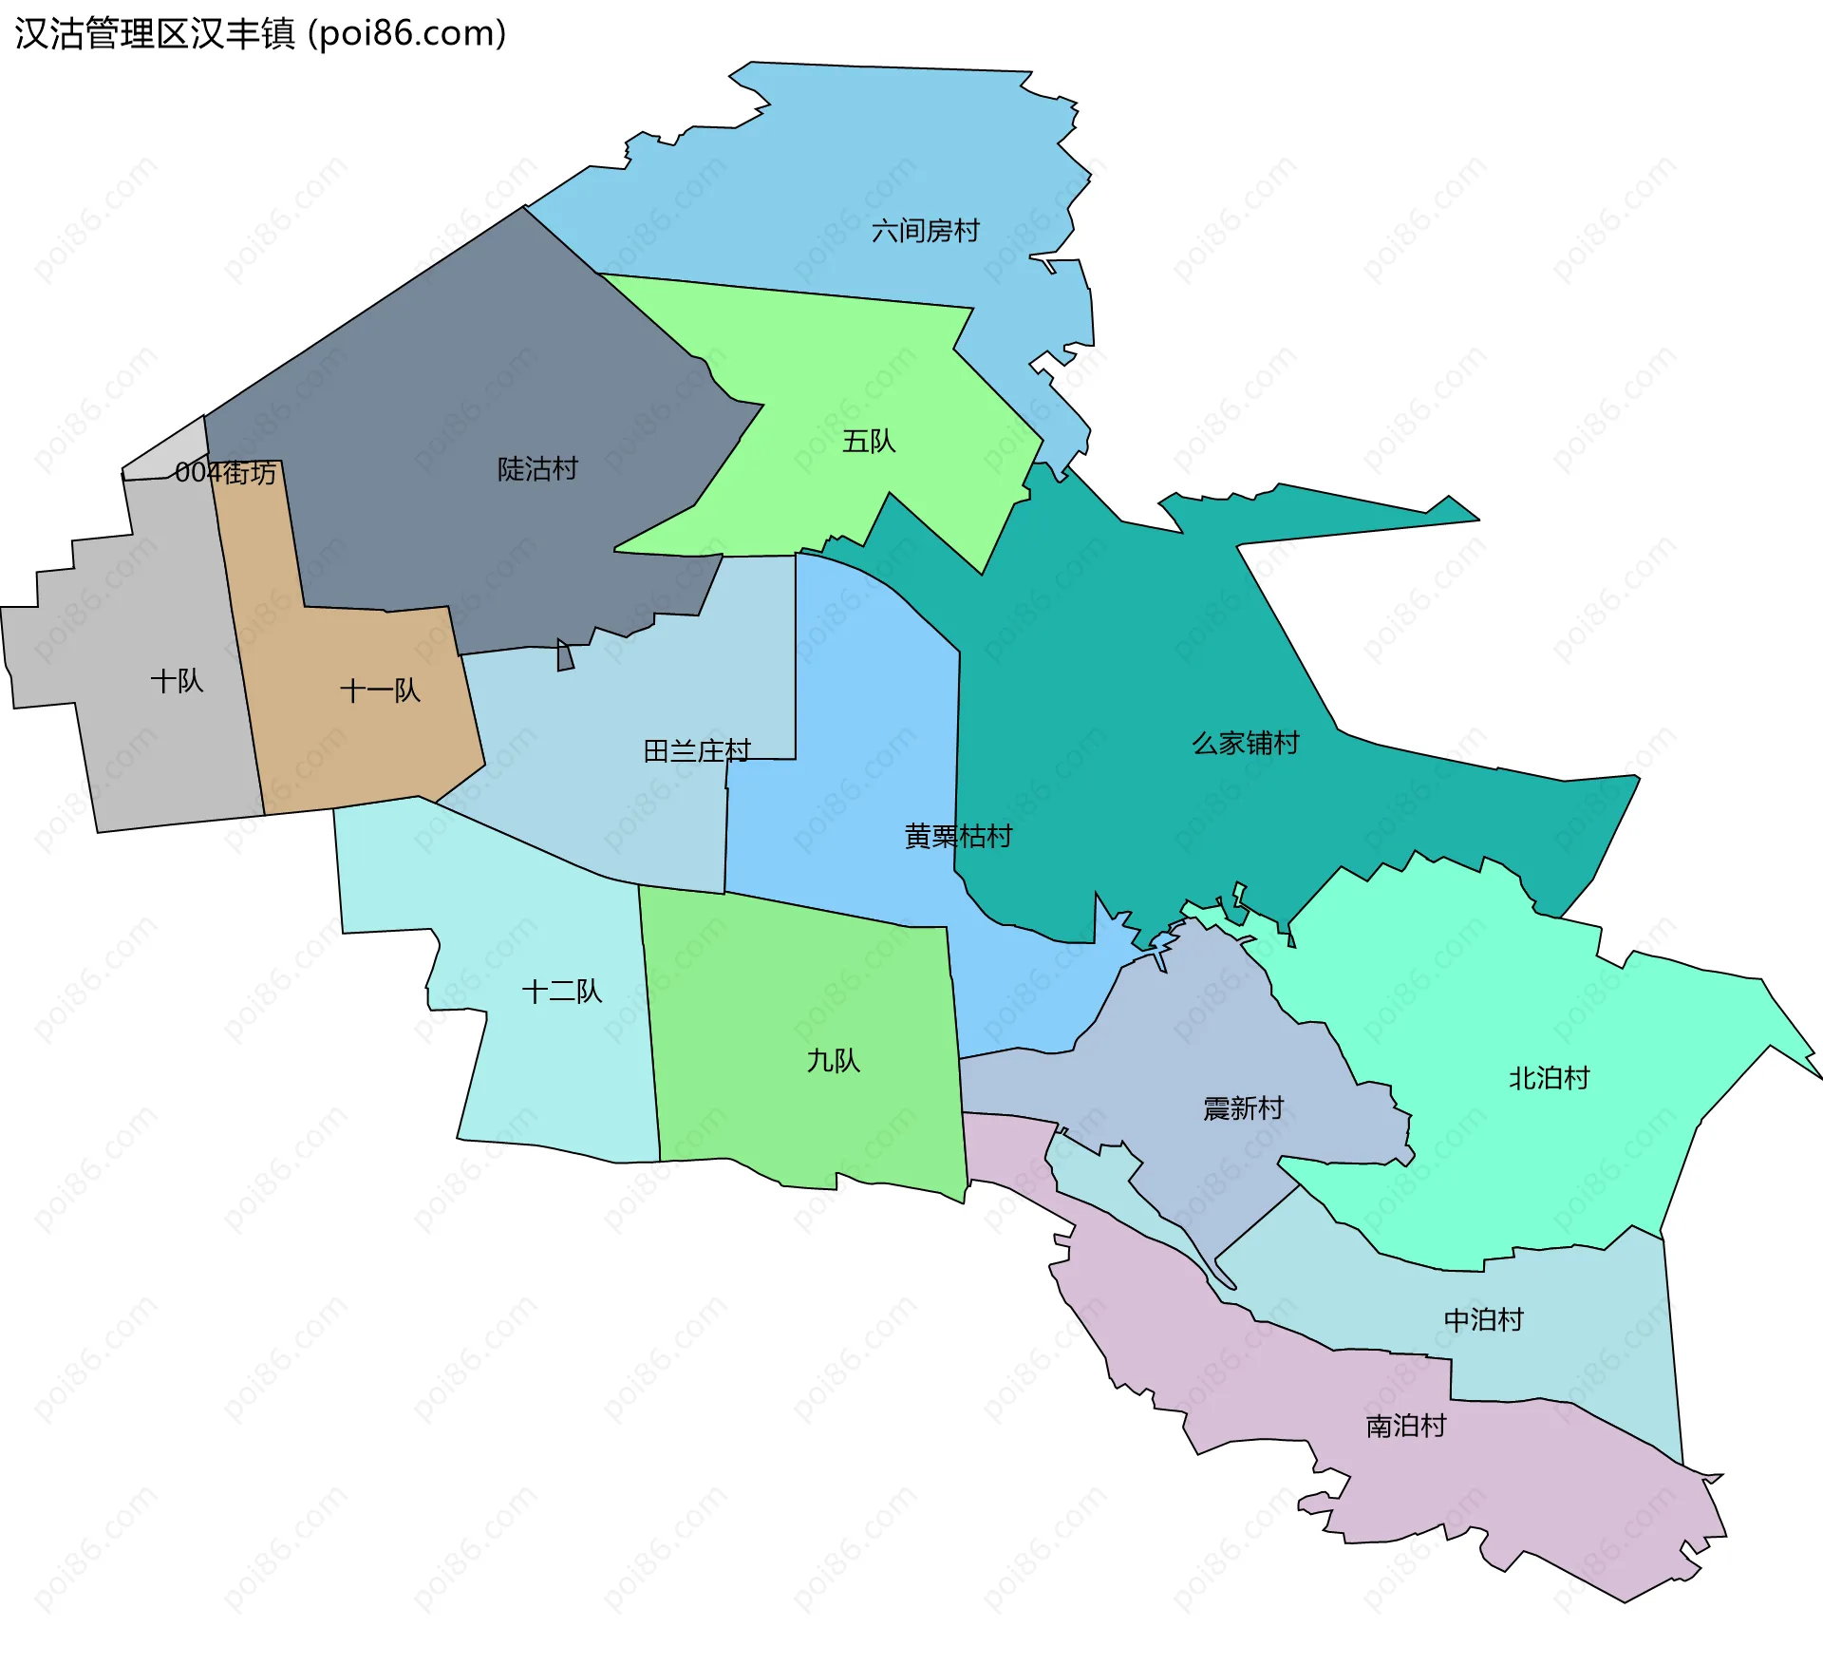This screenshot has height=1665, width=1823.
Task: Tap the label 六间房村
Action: point(925,231)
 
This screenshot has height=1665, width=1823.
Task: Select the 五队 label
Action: point(869,442)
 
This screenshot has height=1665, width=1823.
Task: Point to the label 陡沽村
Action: point(537,469)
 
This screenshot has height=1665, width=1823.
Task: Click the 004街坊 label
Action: point(226,473)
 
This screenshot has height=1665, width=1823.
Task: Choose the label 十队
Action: point(177,681)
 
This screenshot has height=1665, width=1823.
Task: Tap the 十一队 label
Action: point(380,691)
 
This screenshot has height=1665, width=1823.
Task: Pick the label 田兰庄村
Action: point(697,751)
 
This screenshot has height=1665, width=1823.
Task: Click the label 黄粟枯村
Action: point(958,836)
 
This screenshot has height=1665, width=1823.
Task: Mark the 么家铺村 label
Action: point(1246,743)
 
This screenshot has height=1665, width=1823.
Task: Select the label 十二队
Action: point(561,992)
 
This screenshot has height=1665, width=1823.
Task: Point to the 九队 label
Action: point(833,1061)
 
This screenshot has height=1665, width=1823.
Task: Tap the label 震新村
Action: point(1243,1108)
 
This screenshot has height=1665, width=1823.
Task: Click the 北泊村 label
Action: point(1549,1078)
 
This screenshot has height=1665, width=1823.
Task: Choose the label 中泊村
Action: point(1483,1319)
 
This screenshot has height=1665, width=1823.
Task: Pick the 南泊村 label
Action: point(1405,1426)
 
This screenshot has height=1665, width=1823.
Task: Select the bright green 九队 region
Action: point(807,1121)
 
